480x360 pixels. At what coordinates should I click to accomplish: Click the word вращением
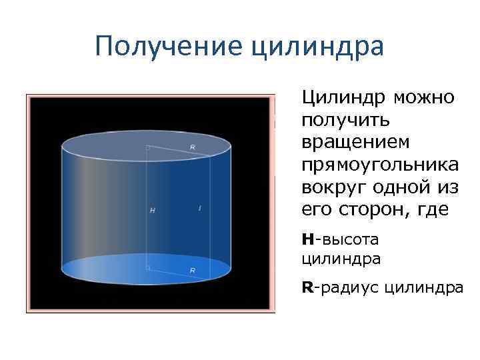click(356, 143)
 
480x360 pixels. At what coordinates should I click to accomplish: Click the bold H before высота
click(307, 237)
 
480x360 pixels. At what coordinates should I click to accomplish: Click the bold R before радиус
click(307, 288)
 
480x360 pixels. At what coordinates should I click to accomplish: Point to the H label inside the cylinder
click(152, 211)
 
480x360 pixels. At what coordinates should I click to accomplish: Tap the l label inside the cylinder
click(200, 209)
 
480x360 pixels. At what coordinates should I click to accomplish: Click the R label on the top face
click(193, 147)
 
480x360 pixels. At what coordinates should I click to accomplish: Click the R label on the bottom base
click(193, 271)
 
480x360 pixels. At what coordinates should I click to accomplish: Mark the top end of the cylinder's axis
click(147, 145)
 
